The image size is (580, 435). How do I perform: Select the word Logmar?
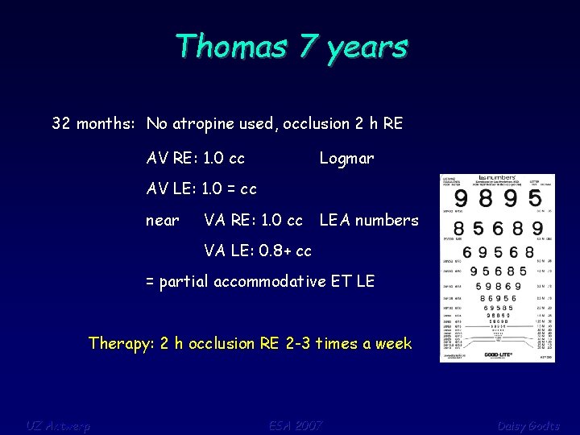[x=346, y=159]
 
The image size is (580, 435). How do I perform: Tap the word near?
[x=162, y=220]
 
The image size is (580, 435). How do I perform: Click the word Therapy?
[x=121, y=344]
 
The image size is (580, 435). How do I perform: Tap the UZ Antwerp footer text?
[x=57, y=425]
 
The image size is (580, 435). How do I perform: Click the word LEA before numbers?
[x=337, y=220]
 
